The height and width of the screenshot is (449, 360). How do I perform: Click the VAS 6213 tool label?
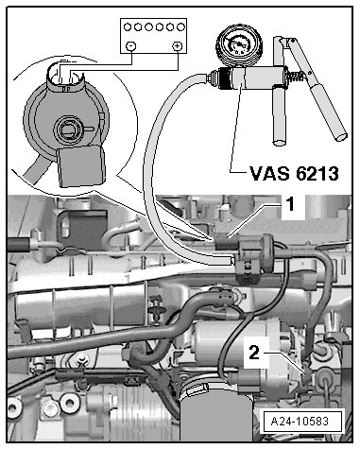coord(294,173)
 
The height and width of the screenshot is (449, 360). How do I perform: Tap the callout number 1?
coord(291,204)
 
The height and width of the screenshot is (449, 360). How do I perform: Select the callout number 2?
coord(254,353)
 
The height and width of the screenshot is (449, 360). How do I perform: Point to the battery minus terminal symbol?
coord(130,46)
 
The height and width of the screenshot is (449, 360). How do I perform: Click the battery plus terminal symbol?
coord(178,46)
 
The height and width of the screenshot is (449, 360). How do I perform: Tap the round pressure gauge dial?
coord(239,45)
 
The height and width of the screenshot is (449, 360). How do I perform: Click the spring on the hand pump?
coord(297,76)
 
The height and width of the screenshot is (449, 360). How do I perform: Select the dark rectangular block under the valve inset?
coord(81,166)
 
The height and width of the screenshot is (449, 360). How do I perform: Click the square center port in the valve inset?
coord(68,130)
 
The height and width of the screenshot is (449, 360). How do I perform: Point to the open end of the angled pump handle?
coord(341,136)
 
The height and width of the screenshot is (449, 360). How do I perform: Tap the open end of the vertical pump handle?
coord(279,143)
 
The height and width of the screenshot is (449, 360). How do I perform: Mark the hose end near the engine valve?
coord(230,261)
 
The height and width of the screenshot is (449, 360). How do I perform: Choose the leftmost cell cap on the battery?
coord(128,27)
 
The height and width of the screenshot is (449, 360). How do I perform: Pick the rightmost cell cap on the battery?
coord(180,27)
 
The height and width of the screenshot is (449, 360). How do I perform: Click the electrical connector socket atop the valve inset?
coord(66,76)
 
